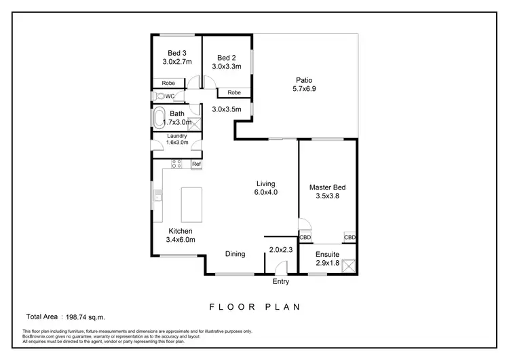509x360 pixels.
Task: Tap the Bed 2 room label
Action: (227, 58)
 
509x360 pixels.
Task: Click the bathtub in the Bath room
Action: (159, 118)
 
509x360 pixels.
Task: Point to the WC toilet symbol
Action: (160, 96)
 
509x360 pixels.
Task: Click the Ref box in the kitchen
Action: (196, 164)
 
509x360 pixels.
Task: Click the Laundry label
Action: (177, 136)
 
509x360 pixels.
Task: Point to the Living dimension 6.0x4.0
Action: (267, 192)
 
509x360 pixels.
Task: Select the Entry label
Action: (280, 281)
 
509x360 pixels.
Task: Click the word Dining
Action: (235, 254)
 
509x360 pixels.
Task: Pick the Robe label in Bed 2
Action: (234, 92)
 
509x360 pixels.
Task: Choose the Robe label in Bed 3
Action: (168, 84)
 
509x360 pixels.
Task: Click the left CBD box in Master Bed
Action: (305, 238)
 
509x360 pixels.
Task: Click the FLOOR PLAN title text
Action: (254, 306)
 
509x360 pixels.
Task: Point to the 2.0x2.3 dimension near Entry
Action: (280, 250)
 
